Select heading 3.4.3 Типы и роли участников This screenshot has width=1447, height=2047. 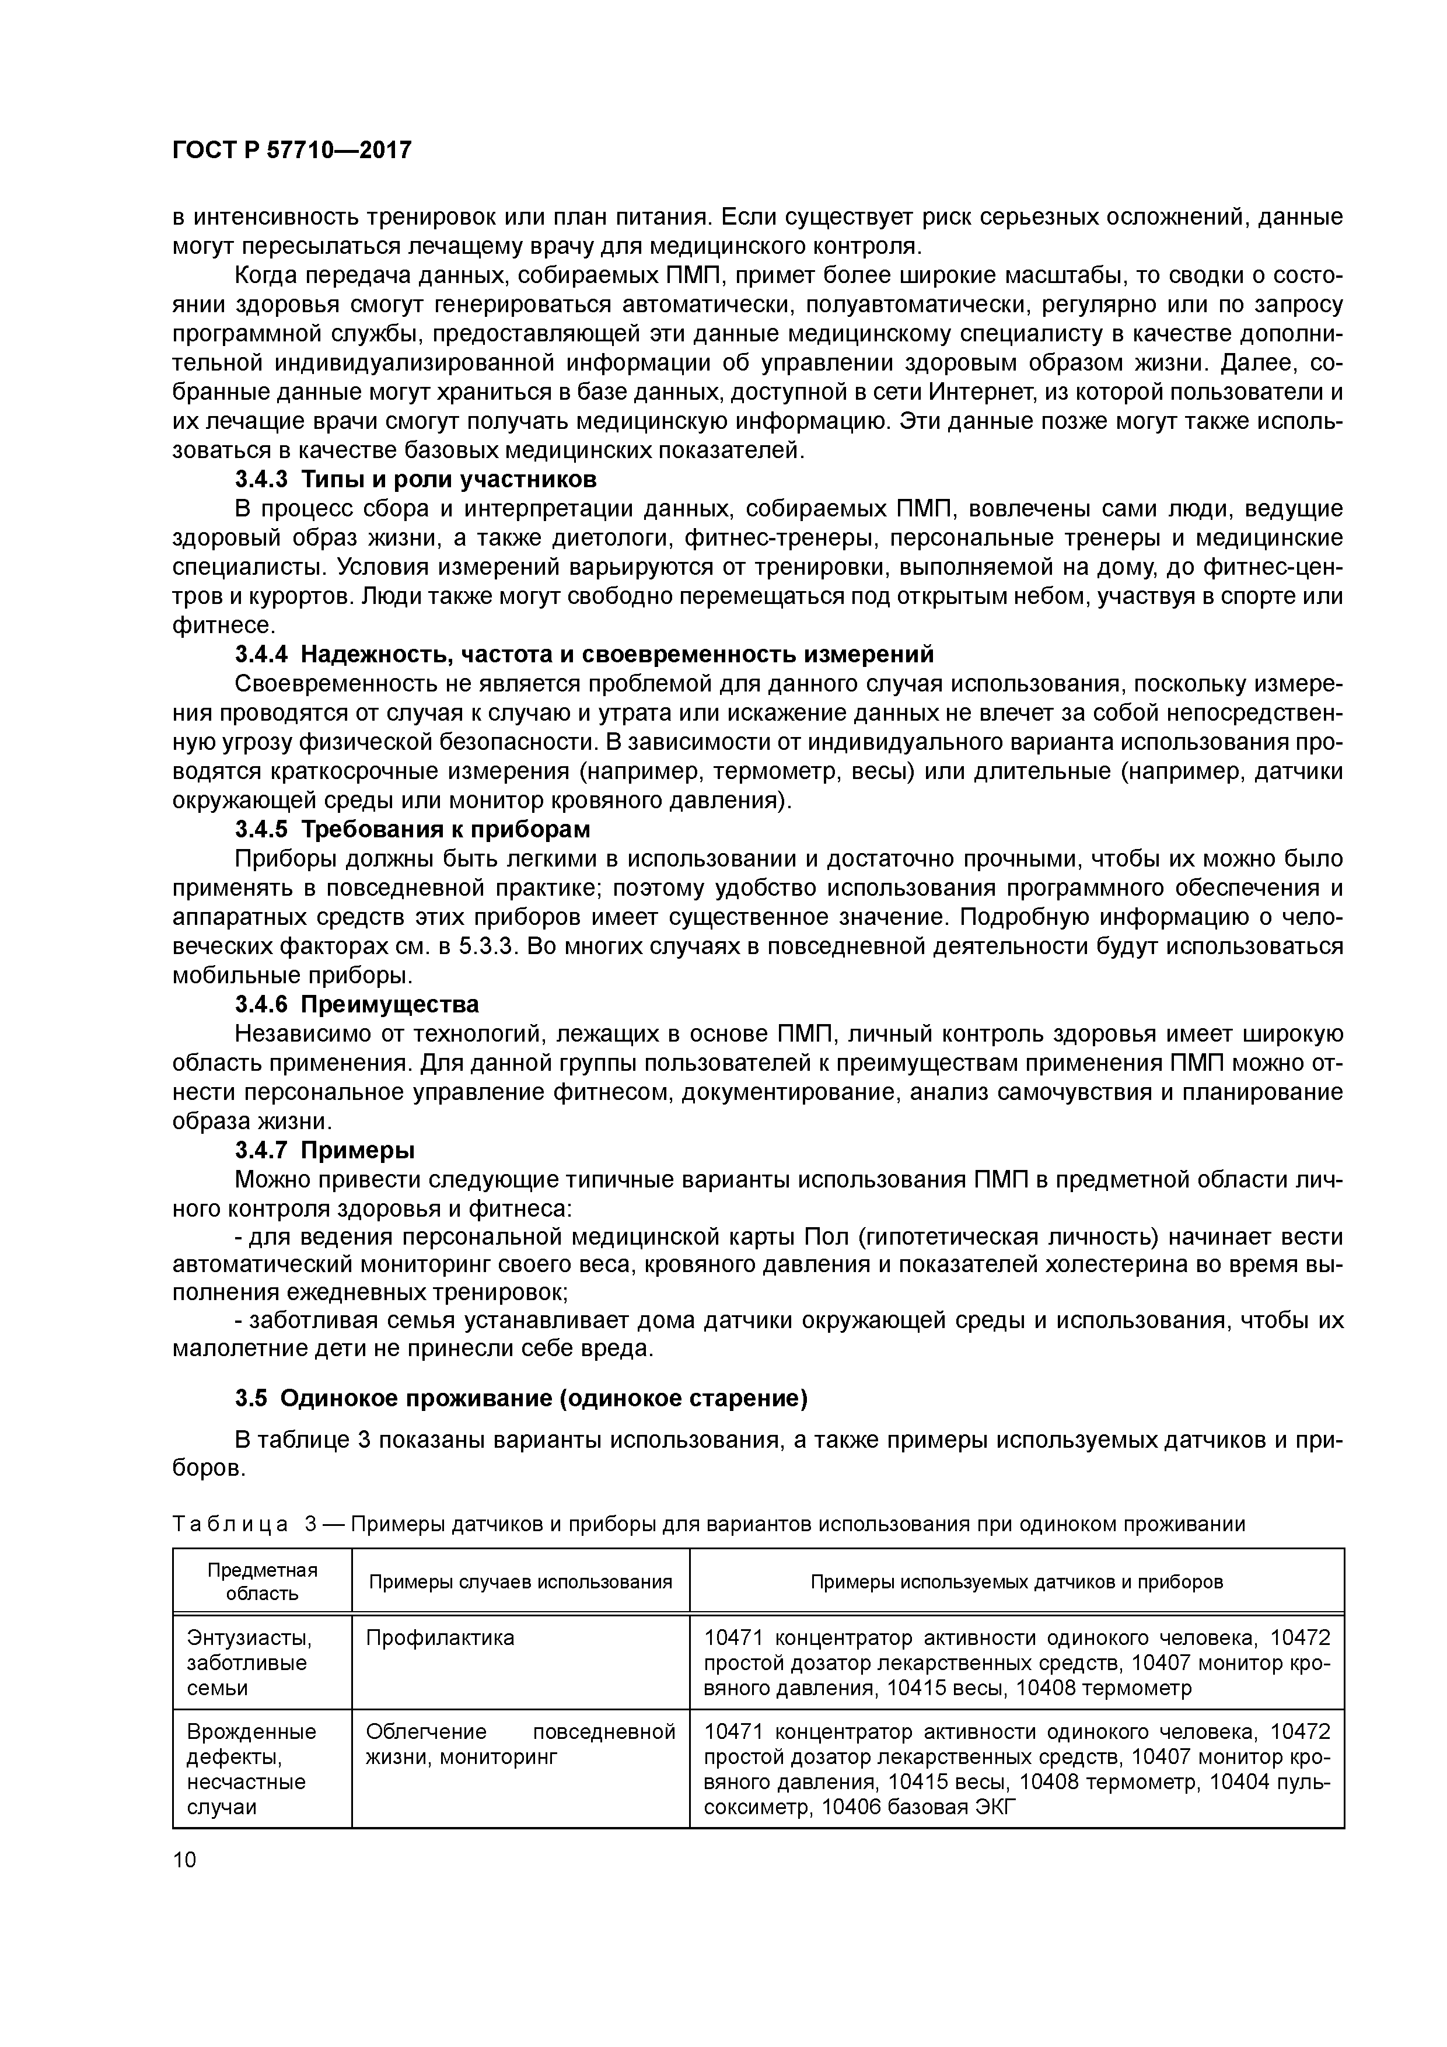(415, 480)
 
